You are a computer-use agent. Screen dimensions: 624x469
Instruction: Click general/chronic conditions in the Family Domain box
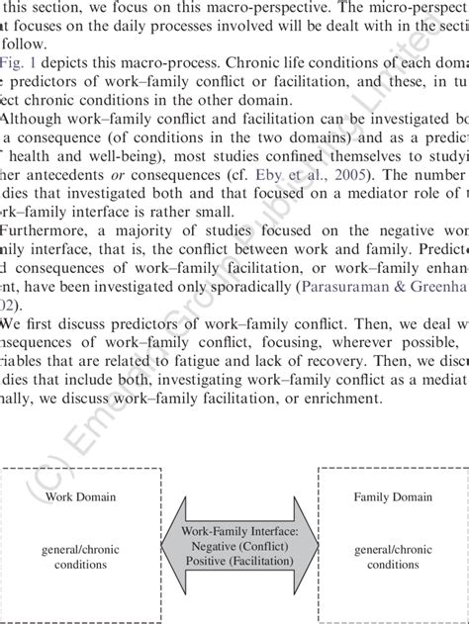393,556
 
